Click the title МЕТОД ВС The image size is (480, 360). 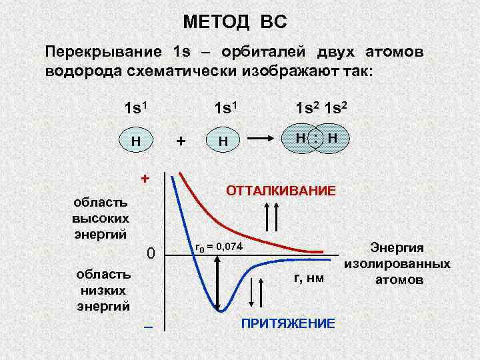(x=235, y=23)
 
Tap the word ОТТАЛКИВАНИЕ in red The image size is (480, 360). (x=281, y=191)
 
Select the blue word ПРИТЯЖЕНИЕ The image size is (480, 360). (x=287, y=323)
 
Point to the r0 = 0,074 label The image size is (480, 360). (x=219, y=247)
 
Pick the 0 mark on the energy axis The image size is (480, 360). (x=151, y=254)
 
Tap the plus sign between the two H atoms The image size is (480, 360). (x=179, y=141)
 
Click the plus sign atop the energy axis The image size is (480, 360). (x=144, y=179)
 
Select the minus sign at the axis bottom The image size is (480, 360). (x=148, y=326)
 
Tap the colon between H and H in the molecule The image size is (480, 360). (x=319, y=138)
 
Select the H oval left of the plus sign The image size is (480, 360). (x=135, y=141)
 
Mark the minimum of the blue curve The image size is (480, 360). (x=219, y=309)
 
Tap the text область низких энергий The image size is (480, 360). (x=103, y=290)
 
